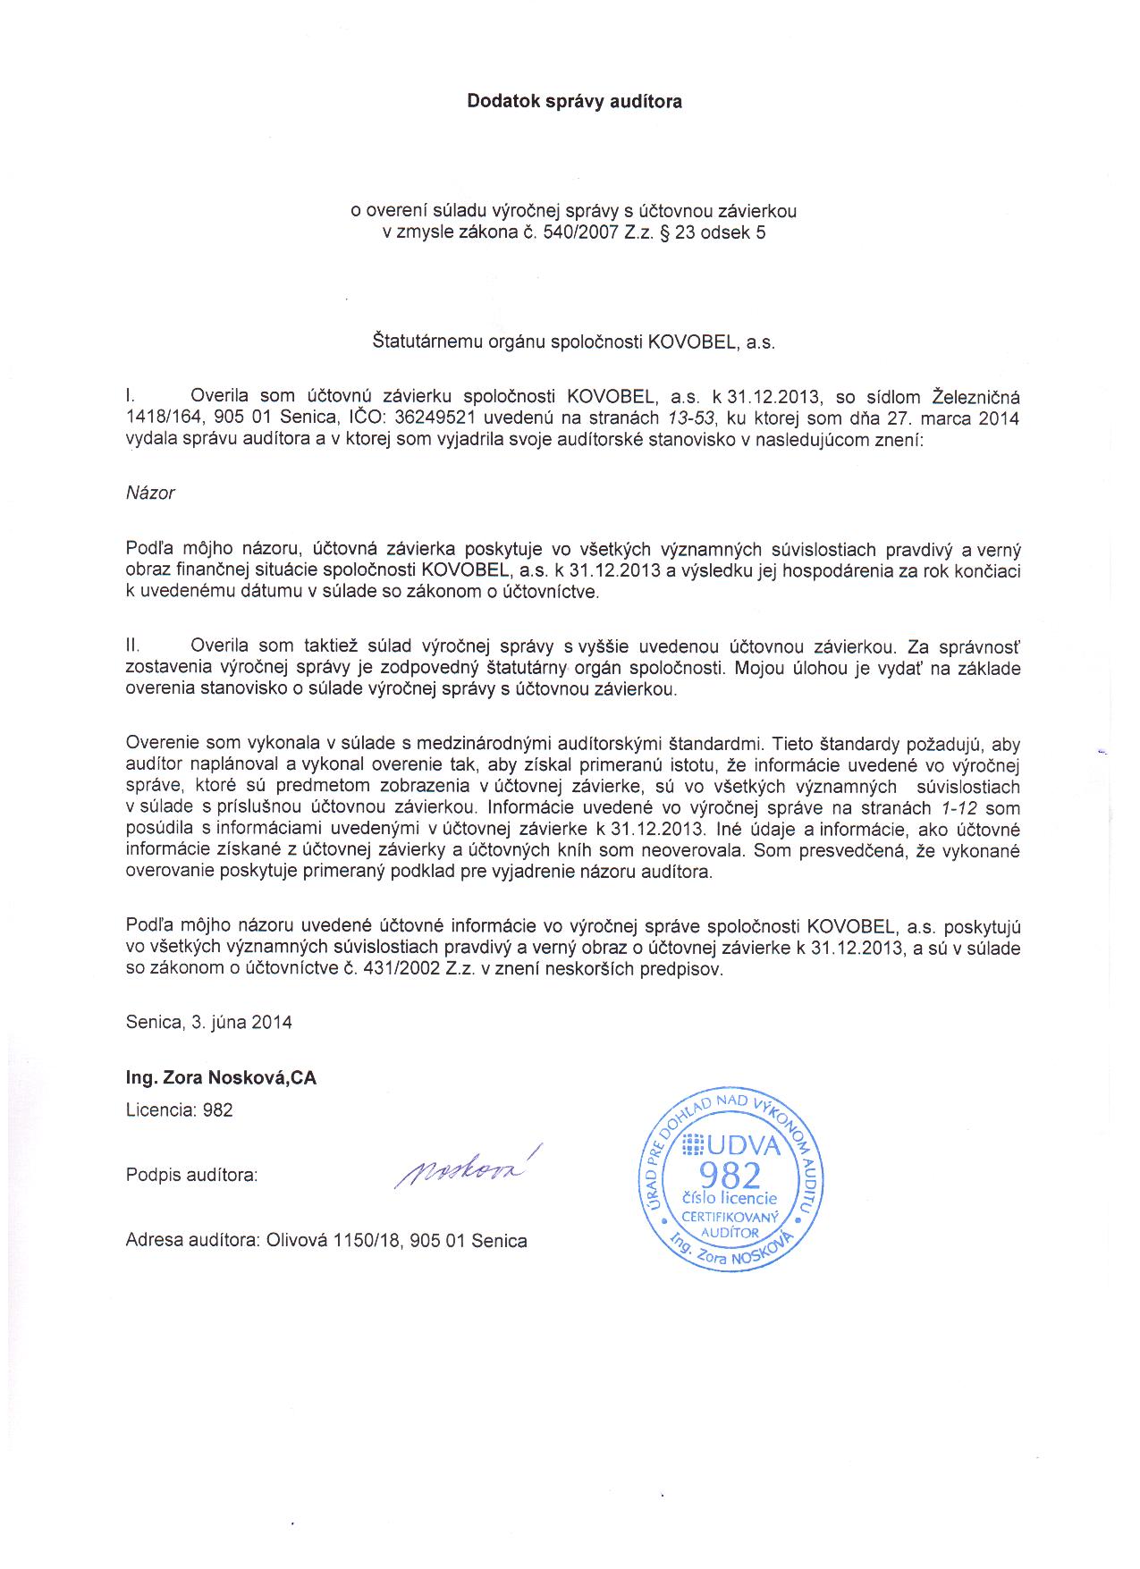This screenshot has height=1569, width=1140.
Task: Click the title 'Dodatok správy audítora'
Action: point(574,102)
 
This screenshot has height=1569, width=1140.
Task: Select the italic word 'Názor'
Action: point(150,493)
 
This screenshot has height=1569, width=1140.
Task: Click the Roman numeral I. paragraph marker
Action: point(130,396)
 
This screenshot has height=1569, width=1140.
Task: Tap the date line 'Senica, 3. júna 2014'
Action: point(209,1022)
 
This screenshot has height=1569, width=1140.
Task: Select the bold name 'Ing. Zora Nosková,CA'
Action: point(221,1078)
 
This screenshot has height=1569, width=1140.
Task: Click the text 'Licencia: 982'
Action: point(179,1110)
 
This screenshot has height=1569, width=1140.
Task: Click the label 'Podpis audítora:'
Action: point(191,1176)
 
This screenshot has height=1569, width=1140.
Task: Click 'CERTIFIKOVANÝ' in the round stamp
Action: point(731,1218)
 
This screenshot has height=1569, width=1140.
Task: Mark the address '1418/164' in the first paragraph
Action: point(157,418)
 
